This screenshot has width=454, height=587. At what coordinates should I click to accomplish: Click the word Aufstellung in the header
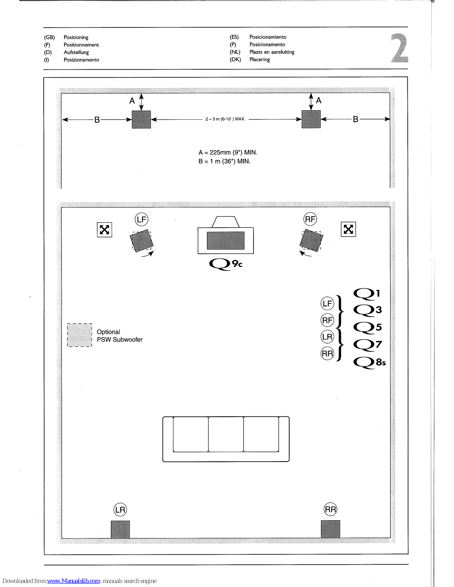[x=76, y=52]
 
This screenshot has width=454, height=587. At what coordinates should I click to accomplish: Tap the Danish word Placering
[x=259, y=59]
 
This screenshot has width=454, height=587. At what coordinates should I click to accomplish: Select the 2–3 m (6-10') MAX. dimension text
[x=225, y=119]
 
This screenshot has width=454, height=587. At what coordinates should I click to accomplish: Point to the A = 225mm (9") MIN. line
[x=228, y=152]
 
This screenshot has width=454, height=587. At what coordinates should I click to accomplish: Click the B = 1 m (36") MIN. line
[x=224, y=161]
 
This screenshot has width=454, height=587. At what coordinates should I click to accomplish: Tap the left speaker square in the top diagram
[x=141, y=119]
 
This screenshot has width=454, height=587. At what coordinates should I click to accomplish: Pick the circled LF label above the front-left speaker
[x=141, y=219]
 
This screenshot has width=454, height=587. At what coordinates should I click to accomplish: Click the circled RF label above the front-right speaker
[x=310, y=219]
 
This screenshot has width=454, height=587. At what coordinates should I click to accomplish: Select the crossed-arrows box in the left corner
[x=105, y=230]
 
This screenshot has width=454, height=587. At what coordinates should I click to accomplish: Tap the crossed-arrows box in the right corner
[x=348, y=229]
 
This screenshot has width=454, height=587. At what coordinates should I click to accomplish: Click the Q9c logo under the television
[x=225, y=264]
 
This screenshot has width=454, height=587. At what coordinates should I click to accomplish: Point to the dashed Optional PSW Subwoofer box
[x=80, y=335]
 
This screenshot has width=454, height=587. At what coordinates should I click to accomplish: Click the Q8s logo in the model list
[x=369, y=362]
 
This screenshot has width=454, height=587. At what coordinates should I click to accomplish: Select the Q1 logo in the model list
[x=366, y=293]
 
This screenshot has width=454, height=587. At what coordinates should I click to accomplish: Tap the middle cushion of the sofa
[x=226, y=434]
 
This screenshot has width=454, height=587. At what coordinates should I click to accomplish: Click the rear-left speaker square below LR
[x=120, y=529]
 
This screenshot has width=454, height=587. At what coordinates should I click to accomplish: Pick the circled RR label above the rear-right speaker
[x=330, y=509]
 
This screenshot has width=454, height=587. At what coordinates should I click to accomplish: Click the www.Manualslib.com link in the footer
[x=73, y=581]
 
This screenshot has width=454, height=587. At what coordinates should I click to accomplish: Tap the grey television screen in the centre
[x=226, y=240]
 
